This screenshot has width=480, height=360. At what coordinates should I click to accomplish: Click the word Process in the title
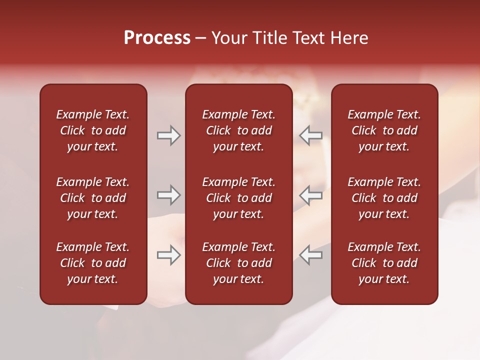[157, 38]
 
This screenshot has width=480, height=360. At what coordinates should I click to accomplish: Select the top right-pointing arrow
[168, 135]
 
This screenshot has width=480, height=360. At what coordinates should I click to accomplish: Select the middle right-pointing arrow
[168, 195]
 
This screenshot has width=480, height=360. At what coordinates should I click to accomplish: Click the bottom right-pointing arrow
[168, 255]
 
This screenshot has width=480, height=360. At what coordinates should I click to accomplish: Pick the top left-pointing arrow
[310, 135]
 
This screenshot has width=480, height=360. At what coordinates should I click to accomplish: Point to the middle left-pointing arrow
[310, 195]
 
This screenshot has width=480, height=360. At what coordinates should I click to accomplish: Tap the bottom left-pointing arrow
[310, 255]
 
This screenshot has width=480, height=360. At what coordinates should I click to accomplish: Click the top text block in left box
[93, 130]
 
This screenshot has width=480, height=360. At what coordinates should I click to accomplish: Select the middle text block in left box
[93, 198]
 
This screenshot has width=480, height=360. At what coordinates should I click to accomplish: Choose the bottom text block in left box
[93, 263]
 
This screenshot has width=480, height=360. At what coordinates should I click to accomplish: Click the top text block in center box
[238, 130]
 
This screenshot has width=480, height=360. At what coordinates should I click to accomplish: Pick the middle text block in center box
[238, 198]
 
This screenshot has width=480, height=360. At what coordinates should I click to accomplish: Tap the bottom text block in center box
[238, 263]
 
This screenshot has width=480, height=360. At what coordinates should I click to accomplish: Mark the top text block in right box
[384, 130]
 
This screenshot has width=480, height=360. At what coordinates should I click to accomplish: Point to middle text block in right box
[384, 198]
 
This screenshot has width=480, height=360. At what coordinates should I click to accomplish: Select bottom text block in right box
[384, 263]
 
